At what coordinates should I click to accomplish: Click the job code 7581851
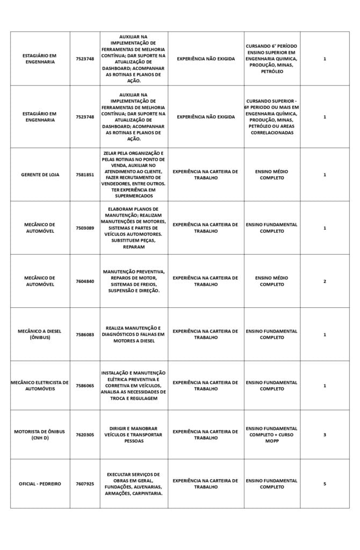tap(85, 175)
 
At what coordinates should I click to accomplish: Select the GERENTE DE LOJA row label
tap(40, 175)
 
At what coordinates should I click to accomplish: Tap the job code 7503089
tap(85, 228)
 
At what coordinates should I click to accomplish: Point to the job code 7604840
tap(85, 281)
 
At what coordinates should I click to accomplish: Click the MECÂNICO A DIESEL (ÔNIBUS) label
tap(40, 335)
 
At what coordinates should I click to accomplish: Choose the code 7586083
tap(85, 335)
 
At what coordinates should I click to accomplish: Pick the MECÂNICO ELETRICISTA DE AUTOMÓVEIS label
tap(40, 386)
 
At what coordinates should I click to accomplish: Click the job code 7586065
tap(85, 386)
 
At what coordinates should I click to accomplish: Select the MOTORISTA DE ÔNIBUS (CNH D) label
tap(40, 435)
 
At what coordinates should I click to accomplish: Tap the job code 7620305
tap(85, 435)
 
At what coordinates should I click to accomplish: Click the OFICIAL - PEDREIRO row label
tap(40, 484)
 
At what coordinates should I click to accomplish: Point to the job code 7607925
tap(85, 484)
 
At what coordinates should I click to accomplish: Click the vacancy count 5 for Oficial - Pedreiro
tap(325, 484)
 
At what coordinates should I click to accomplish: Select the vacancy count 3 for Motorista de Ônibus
tap(325, 435)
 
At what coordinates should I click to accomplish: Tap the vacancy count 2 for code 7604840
tap(325, 281)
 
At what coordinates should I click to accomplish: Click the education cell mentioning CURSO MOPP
tap(272, 435)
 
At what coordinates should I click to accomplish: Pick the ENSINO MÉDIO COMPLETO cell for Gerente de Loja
tap(272, 175)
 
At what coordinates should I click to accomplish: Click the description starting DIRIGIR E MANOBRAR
tap(134, 435)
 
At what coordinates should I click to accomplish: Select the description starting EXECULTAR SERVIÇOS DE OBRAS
tap(134, 484)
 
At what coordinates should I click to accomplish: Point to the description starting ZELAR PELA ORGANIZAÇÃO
tap(134, 175)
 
